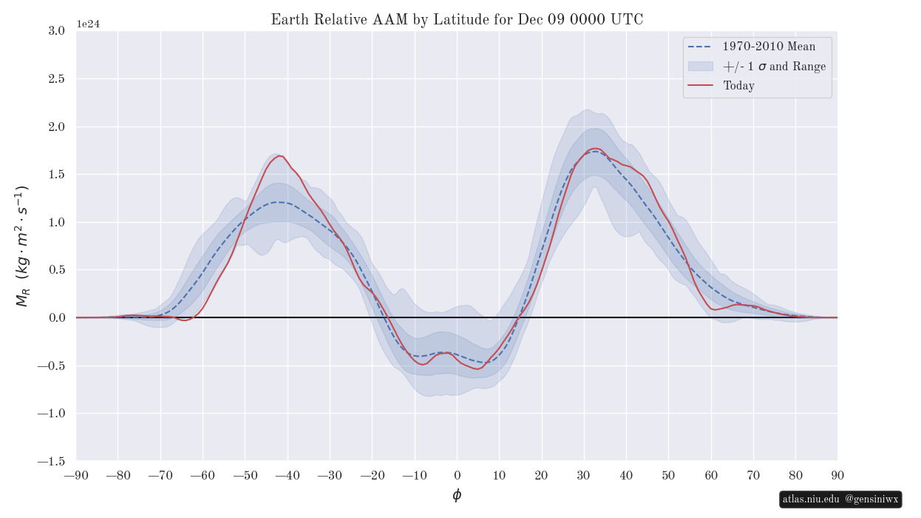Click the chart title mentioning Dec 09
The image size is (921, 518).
457,20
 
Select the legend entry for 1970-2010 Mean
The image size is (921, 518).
769,47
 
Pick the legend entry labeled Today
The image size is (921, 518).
738,86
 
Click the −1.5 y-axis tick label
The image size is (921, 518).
54,461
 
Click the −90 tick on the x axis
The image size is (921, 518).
76,475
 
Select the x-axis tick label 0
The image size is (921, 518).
457,475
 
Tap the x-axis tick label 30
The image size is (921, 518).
584,475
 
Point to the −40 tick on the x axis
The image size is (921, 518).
288,475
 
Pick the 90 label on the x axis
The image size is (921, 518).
837,475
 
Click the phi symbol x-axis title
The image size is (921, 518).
457,495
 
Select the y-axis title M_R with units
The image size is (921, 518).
22,246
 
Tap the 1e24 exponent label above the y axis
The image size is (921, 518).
88,24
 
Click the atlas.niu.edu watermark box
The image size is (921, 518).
840,499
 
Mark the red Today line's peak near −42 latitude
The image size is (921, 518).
279,155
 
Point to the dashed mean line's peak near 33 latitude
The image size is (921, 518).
597,151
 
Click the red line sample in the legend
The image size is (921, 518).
700,86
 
